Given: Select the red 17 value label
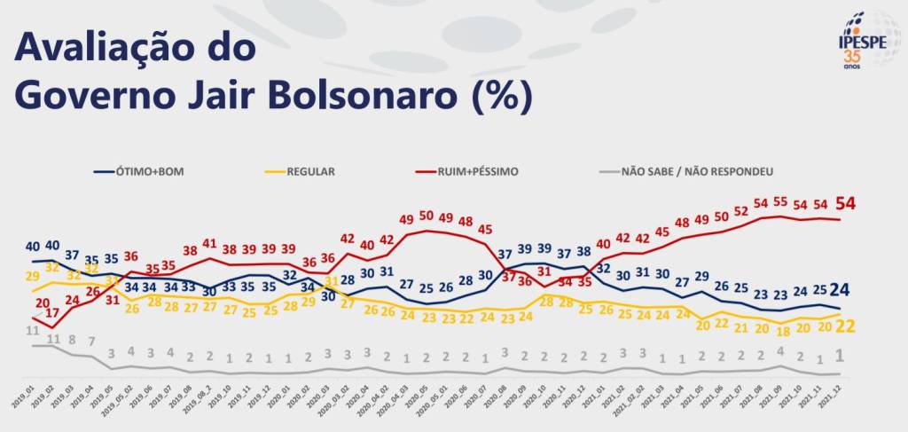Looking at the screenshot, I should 52,312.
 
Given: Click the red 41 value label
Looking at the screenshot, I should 209,242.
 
